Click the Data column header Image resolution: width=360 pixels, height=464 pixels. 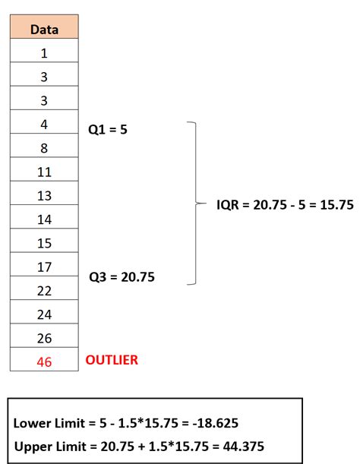point(44,30)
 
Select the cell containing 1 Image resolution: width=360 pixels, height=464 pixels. point(44,53)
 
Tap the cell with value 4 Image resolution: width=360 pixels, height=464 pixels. point(44,125)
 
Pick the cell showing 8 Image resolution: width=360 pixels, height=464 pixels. point(44,148)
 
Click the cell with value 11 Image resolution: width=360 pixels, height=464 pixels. point(44,172)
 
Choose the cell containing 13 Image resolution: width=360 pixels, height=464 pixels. point(44,195)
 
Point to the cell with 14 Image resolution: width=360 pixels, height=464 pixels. point(44,219)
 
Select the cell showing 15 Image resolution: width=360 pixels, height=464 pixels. point(44,243)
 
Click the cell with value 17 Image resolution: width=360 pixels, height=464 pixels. point(44,267)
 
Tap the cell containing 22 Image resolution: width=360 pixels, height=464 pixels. point(44,291)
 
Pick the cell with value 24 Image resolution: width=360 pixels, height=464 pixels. point(44,314)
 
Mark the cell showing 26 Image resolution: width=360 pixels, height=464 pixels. point(44,338)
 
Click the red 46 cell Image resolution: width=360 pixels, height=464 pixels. point(44,362)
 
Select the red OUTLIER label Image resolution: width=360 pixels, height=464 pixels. point(112,360)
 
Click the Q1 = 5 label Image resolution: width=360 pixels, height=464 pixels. point(108,130)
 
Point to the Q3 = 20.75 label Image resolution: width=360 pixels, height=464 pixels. point(122,277)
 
